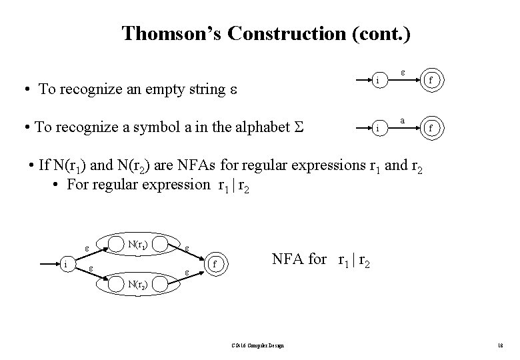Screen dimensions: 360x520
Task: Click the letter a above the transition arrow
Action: pos(404,121)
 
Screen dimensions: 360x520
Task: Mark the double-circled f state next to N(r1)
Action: pos(214,265)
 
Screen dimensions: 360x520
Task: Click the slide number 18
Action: pos(500,345)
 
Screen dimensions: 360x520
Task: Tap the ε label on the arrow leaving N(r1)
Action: pos(187,247)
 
